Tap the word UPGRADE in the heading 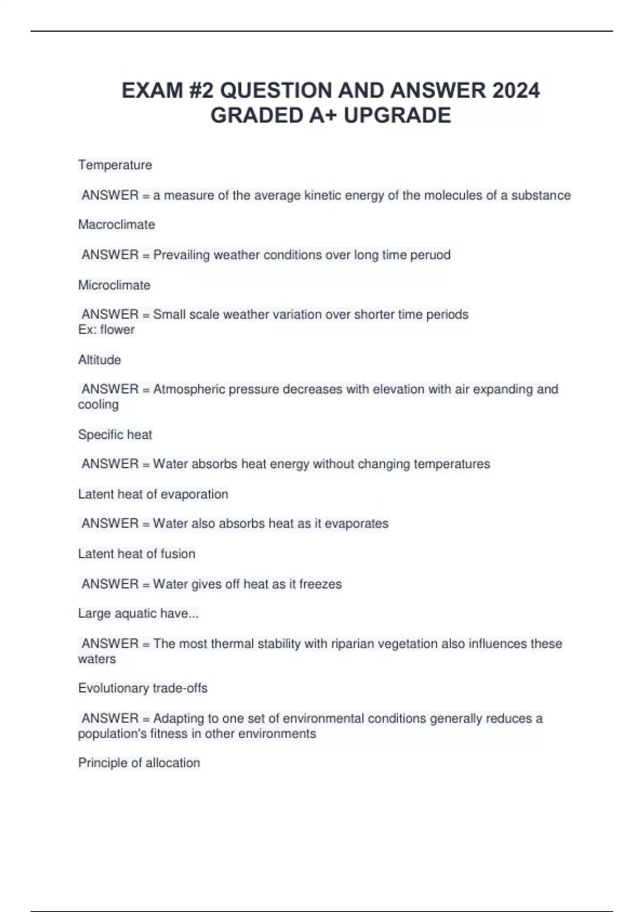[397, 115]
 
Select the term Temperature [115, 165]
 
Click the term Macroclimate [116, 224]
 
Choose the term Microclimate [114, 285]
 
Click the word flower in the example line [117, 329]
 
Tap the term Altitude [99, 359]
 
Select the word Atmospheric [189, 389]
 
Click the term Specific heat [115, 435]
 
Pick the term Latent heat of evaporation [153, 494]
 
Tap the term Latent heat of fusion [136, 554]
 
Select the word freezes [320, 584]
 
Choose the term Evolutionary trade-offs [143, 688]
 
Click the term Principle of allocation [139, 763]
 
